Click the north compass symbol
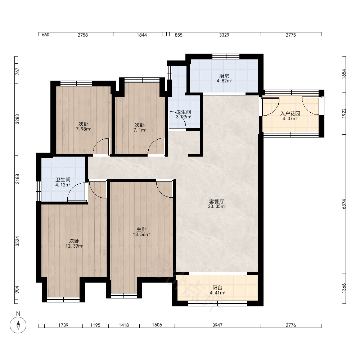point(18,325)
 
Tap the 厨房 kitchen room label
point(224,76)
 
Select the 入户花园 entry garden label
point(290,113)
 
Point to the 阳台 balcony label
point(217,288)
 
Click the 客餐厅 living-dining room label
point(216,201)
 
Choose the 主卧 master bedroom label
point(141,229)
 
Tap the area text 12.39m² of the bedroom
point(74,246)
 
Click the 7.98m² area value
point(84,129)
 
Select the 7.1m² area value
point(140,130)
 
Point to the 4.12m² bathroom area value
point(63,185)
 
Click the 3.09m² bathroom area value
point(184,117)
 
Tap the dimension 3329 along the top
point(224,35)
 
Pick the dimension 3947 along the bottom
point(217,325)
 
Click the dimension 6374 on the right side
point(344,204)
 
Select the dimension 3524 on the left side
point(17,241)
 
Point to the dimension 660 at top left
point(45,35)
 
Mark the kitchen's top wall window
point(226,57)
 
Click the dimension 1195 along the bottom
point(95,325)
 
